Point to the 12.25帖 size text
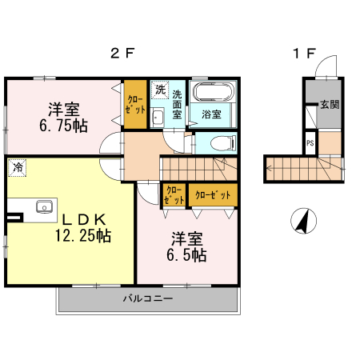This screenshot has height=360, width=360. coord(82,236)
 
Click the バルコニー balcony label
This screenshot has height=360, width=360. coord(147,299)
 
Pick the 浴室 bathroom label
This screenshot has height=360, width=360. coord(212,114)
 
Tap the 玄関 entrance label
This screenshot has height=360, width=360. coord(329,104)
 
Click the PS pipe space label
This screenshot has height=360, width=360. coord(310,144)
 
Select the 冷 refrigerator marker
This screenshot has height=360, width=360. coord(18,167)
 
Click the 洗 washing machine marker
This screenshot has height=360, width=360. coord(160,90)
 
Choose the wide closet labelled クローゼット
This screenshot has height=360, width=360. coord(214,195)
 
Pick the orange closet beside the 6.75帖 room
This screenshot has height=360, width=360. coord(135,105)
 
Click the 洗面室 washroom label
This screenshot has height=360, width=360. coord(177,102)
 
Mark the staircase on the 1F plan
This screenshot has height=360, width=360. coord(300,168)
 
